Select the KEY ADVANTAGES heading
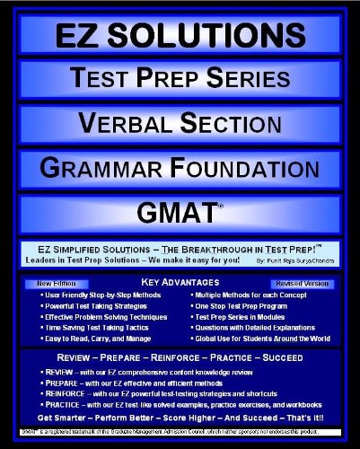click(180, 283)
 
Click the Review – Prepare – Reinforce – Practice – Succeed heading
click(180, 360)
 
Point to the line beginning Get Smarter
click(180, 417)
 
